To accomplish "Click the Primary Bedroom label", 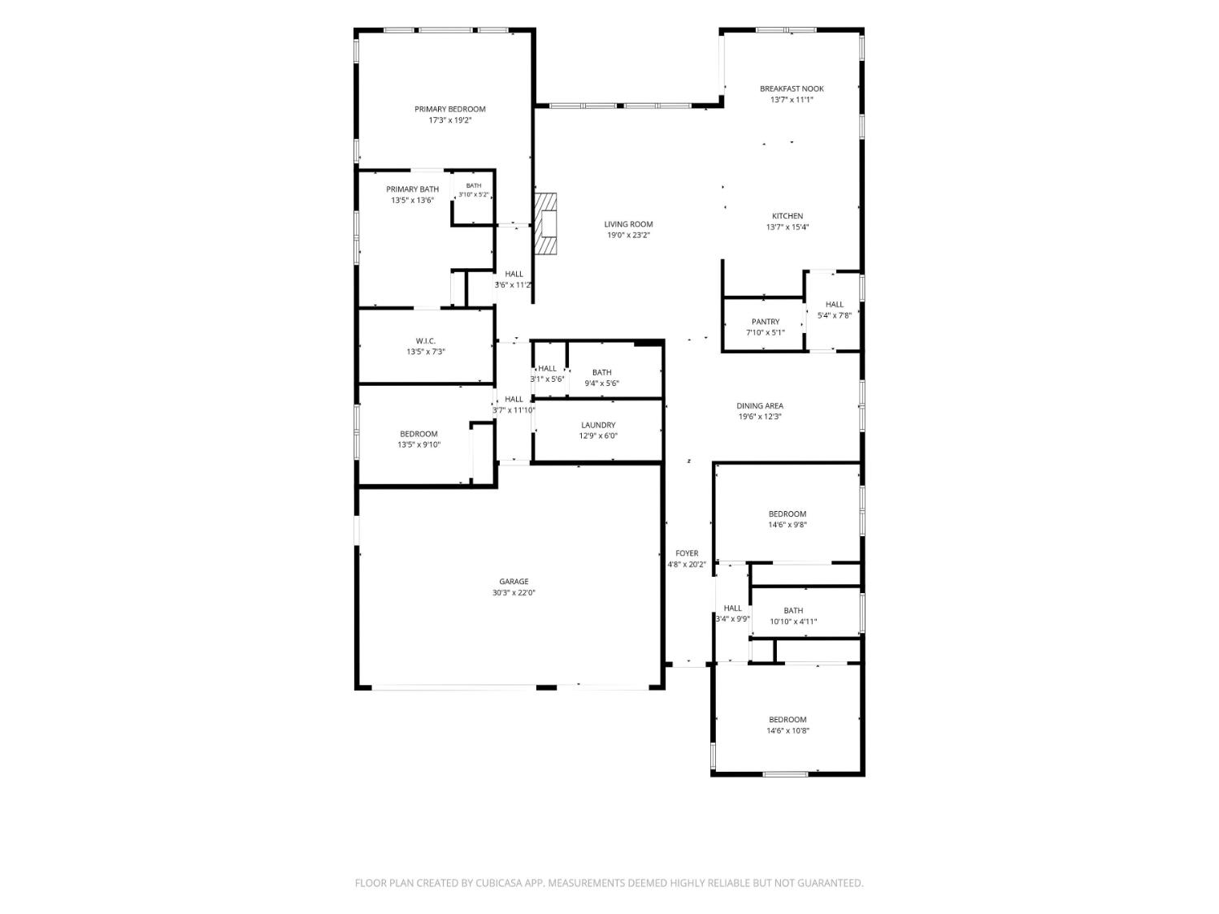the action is pyautogui.click(x=450, y=110).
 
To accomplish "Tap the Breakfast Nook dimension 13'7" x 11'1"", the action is pyautogui.click(x=792, y=100).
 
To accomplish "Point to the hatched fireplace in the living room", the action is pyautogui.click(x=545, y=224).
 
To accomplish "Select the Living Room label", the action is pyautogui.click(x=628, y=224).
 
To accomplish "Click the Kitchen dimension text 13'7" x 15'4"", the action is pyautogui.click(x=787, y=227).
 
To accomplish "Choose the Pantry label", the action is pyautogui.click(x=766, y=322).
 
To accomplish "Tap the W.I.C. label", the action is pyautogui.click(x=425, y=340).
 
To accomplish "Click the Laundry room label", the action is pyautogui.click(x=598, y=425).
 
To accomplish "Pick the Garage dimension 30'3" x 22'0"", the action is pyautogui.click(x=514, y=593).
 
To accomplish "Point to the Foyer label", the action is pyautogui.click(x=687, y=553).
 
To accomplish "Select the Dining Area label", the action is pyautogui.click(x=760, y=405).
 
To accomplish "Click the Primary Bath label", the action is pyautogui.click(x=412, y=189).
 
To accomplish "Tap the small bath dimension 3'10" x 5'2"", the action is pyautogui.click(x=473, y=195).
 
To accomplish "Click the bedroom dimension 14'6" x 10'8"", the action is pyautogui.click(x=787, y=731).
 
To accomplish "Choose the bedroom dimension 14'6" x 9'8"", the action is pyautogui.click(x=787, y=525).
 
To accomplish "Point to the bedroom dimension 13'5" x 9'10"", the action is pyautogui.click(x=419, y=444).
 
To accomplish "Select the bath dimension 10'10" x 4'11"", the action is pyautogui.click(x=793, y=622).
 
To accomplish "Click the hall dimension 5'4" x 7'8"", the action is pyautogui.click(x=834, y=315).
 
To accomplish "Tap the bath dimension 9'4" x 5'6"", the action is pyautogui.click(x=601, y=383).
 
